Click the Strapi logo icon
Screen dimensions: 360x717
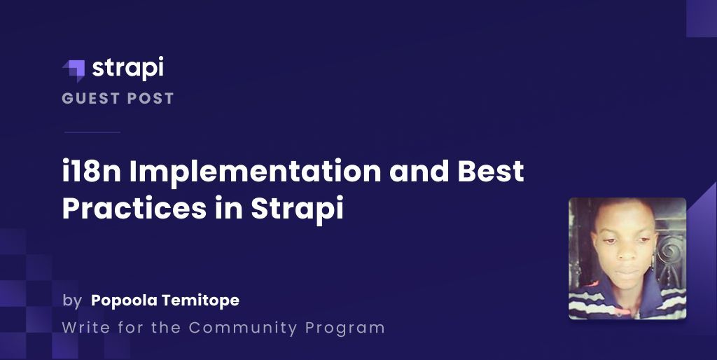[74, 69]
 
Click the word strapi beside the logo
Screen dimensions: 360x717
[128, 68]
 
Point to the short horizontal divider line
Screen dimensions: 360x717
[92, 132]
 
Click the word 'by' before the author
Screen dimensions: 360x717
[72, 301]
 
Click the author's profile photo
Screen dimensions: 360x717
[627, 258]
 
